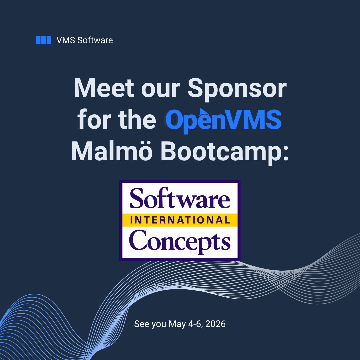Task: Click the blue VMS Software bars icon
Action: (43, 40)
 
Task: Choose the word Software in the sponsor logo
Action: (180, 199)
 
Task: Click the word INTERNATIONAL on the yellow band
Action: (180, 220)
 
